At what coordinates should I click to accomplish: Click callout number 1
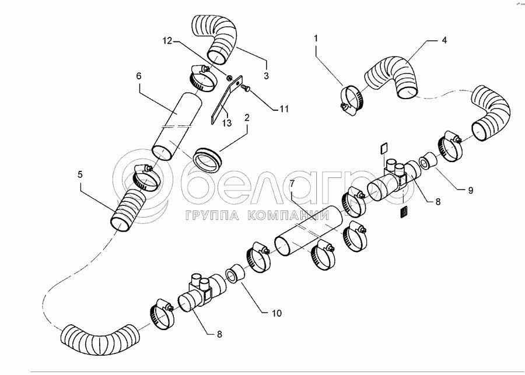316,38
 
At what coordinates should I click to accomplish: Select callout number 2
247,118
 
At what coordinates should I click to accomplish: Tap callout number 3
266,76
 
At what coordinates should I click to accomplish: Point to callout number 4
444,40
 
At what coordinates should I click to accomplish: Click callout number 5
80,174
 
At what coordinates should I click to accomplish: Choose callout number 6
139,76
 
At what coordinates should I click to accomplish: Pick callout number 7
292,184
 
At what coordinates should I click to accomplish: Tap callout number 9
470,191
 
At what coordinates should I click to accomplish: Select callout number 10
276,313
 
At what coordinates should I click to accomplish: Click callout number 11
284,109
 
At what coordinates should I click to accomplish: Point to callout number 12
167,41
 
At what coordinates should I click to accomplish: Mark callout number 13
227,123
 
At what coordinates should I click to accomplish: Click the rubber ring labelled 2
208,159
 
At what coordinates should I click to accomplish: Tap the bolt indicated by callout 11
246,87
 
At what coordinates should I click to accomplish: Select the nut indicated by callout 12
229,78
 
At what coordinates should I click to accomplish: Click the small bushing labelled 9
428,161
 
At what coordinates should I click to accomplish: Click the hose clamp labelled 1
352,100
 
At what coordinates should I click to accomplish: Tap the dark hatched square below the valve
405,212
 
